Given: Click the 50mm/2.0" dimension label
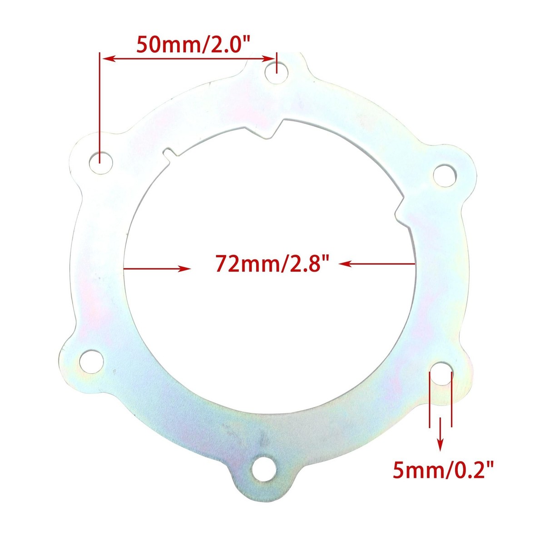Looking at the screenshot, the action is click(x=193, y=44).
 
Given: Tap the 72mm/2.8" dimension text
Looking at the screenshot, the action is click(x=272, y=263).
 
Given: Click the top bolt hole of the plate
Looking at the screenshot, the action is click(x=277, y=73).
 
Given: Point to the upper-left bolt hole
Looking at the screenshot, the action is click(x=101, y=163).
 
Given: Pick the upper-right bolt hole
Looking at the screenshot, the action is click(x=445, y=176).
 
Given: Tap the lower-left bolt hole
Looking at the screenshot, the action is click(x=91, y=361).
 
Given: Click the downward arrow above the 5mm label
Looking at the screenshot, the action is click(x=440, y=441).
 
